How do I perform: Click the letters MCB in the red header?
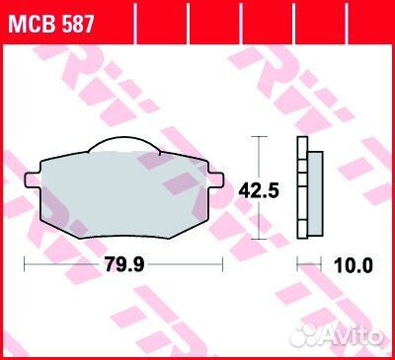point(33,24)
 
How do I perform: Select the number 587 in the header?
point(77,24)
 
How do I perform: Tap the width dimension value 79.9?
point(122,265)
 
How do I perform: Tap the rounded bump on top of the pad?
point(122,148)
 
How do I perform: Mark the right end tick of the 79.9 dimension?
point(223,265)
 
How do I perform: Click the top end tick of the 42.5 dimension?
point(260,137)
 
